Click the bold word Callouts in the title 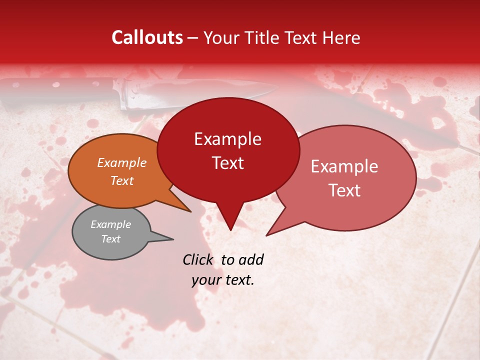click(x=147, y=37)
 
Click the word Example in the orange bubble click(x=121, y=163)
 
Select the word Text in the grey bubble click(x=110, y=239)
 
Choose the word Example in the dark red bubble click(x=227, y=139)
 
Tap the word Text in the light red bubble click(x=344, y=190)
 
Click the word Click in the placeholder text click(x=198, y=259)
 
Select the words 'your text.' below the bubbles click(x=223, y=280)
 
